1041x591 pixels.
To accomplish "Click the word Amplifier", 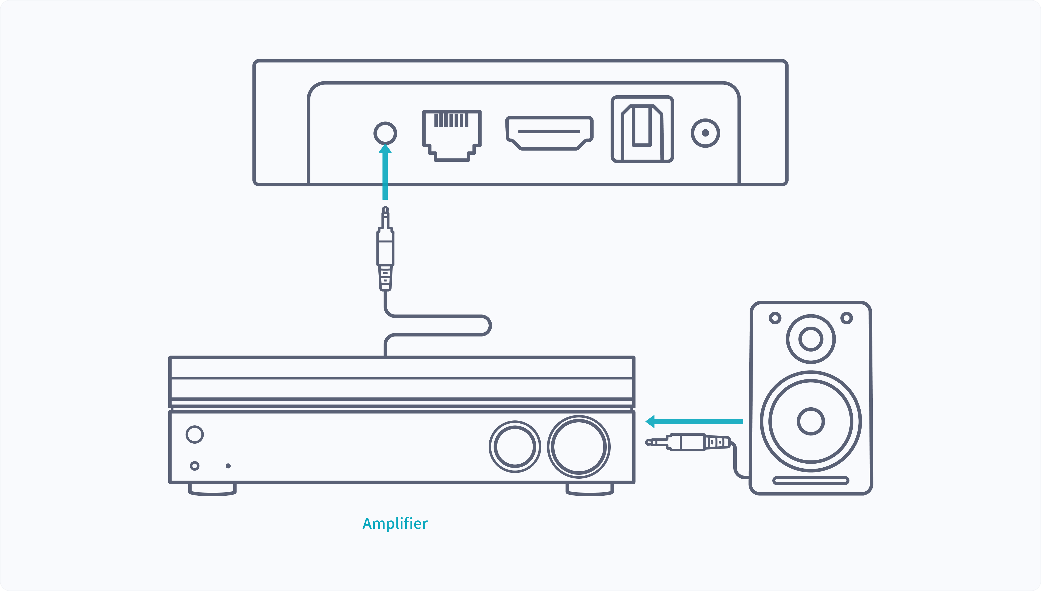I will pos(395,524).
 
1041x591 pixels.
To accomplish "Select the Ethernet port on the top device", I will pos(452,134).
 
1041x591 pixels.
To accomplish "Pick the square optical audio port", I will pos(642,129).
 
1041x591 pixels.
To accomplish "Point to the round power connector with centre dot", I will pos(705,133).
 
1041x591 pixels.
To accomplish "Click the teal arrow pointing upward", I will pos(385,173).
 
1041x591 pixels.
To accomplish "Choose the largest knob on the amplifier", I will pos(579,447).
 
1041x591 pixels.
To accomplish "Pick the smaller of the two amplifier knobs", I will pos(515,447).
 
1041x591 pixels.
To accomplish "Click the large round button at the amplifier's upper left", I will pos(195,434).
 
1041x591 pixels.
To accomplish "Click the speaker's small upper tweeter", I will pos(811,339).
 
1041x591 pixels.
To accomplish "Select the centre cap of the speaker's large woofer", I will pos(811,421).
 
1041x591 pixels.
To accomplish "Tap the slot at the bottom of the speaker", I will pos(811,481).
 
